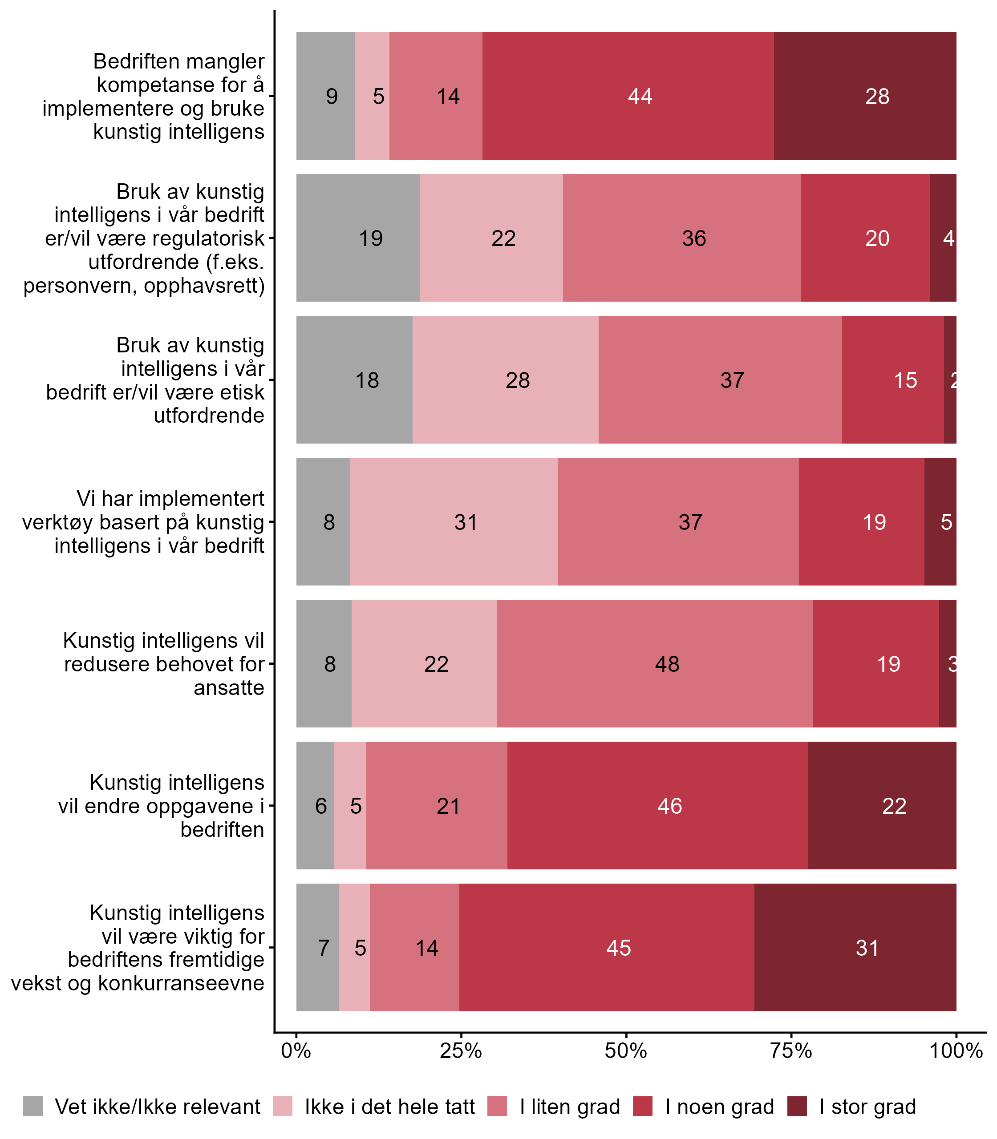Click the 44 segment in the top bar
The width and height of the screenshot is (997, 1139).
pyautogui.click(x=628, y=96)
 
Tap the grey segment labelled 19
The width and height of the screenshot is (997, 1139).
pyautogui.click(x=358, y=238)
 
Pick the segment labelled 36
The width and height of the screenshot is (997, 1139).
pyautogui.click(x=681, y=238)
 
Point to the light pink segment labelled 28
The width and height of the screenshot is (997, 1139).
pyautogui.click(x=505, y=380)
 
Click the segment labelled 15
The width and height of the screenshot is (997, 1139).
pyautogui.click(x=892, y=380)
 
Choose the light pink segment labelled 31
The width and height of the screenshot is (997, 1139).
pyautogui.click(x=454, y=521)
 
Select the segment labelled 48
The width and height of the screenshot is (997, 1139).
pyautogui.click(x=654, y=663)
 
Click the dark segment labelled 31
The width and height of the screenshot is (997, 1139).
pyautogui.click(x=855, y=948)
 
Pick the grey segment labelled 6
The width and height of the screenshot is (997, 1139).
pyautogui.click(x=315, y=805)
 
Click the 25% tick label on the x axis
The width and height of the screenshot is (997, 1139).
pyautogui.click(x=461, y=1050)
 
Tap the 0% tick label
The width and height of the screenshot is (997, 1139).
pyautogui.click(x=296, y=1050)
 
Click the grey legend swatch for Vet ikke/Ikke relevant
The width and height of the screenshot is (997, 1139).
pyautogui.click(x=33, y=1106)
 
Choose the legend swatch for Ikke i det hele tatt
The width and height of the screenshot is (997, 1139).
pyautogui.click(x=283, y=1106)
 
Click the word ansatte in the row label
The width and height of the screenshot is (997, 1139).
pyautogui.click(x=229, y=688)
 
